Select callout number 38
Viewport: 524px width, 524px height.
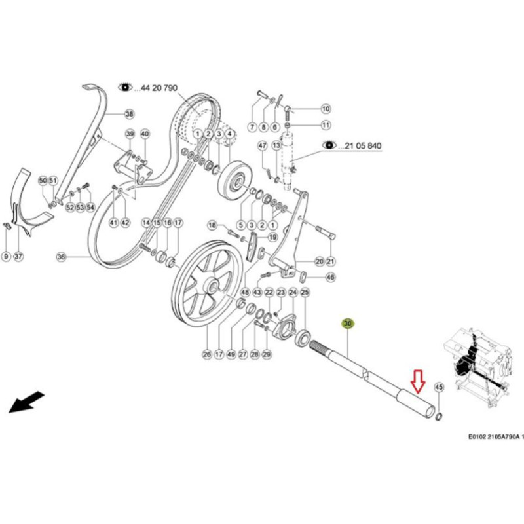129,114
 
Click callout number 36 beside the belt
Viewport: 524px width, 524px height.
62,257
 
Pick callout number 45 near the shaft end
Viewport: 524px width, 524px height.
439,387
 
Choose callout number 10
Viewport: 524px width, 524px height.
326,109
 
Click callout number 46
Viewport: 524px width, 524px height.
330,278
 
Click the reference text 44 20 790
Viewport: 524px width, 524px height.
156,87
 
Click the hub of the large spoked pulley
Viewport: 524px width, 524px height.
212,286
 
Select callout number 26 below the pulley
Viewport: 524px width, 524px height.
207,354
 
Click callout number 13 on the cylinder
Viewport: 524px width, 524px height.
276,145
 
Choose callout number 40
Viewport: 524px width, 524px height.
145,134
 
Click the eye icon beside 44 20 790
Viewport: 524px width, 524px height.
124,87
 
